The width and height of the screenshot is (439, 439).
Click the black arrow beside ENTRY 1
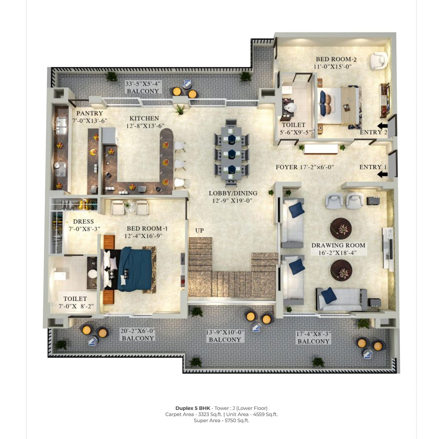[x=382, y=175]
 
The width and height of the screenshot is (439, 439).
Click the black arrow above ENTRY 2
[x=382, y=126]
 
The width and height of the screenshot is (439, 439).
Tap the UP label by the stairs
[x=199, y=230]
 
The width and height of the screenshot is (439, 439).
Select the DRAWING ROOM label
[x=338, y=245]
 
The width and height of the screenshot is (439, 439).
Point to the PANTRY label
[x=90, y=113]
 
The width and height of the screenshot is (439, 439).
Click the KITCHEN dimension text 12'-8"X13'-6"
[x=145, y=126]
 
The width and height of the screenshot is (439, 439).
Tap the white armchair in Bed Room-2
[x=378, y=61]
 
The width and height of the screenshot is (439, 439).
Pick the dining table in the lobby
[x=232, y=153]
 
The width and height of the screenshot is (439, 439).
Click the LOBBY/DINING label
[x=233, y=193]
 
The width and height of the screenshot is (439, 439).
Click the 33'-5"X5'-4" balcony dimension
[x=143, y=84]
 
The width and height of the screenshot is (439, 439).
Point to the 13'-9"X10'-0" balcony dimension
[x=225, y=332]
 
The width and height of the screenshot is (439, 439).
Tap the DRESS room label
[x=83, y=222]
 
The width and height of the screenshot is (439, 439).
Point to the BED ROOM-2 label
[x=336, y=59]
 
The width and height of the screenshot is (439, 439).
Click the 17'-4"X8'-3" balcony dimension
[x=313, y=334]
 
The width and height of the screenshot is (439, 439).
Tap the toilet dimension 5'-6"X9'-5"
[x=296, y=132]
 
